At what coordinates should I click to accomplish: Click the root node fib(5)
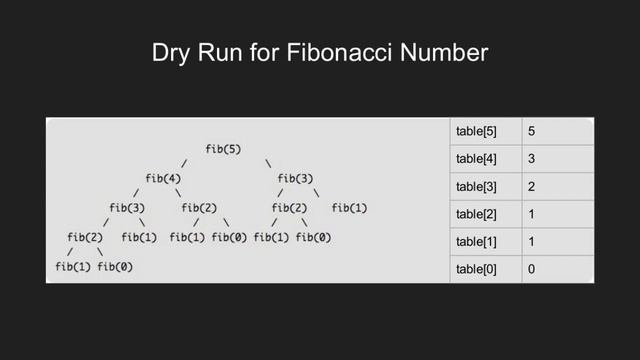click(222, 149)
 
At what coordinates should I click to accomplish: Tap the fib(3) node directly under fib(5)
click(295, 179)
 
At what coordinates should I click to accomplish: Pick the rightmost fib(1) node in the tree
click(348, 208)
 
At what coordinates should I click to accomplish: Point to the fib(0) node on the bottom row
click(117, 267)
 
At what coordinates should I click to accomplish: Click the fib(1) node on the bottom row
click(72, 267)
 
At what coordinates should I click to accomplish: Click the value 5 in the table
click(532, 132)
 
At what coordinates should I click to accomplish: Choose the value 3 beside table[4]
click(532, 159)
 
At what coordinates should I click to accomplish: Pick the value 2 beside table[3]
click(532, 187)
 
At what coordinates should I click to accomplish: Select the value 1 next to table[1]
click(532, 242)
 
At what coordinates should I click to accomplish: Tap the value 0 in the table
click(532, 269)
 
